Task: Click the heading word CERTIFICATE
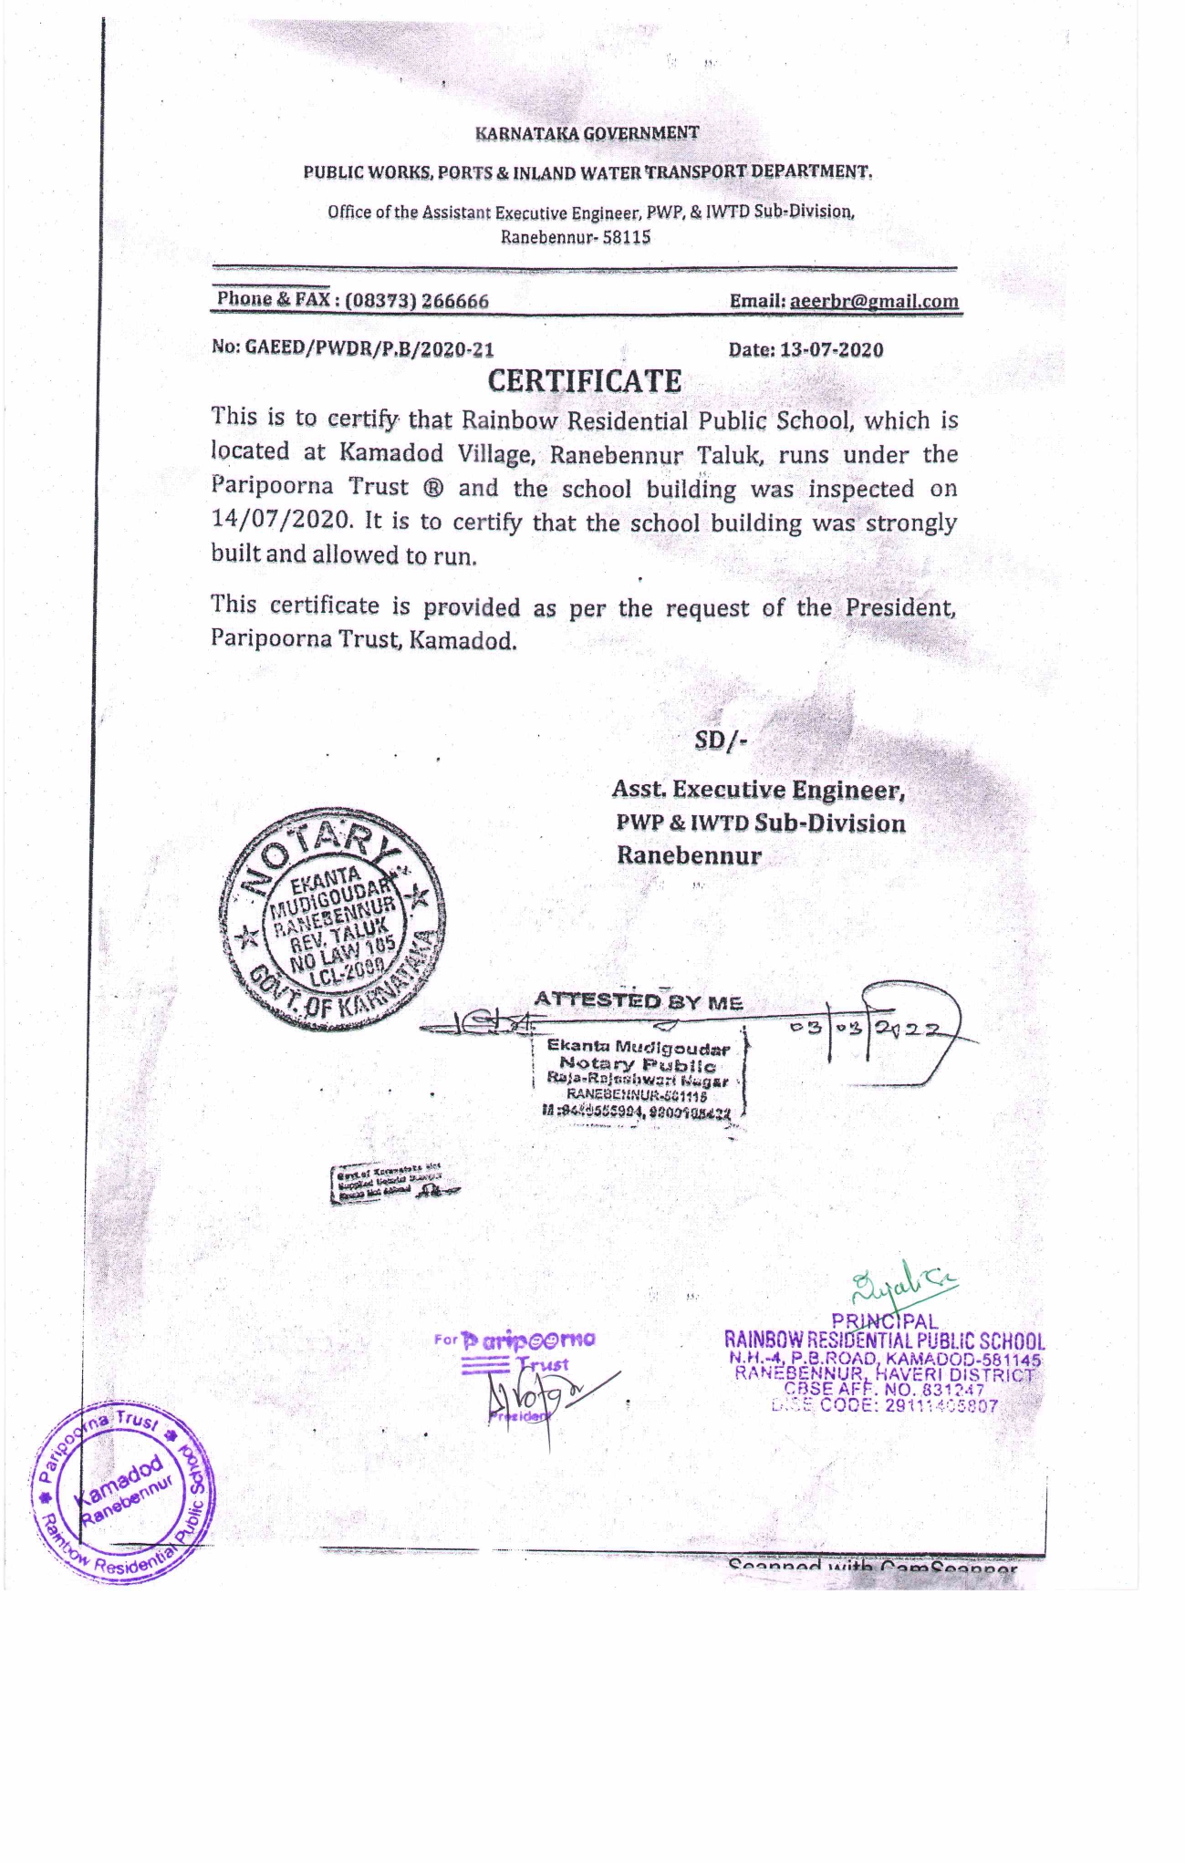click(x=584, y=381)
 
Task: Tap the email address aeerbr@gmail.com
click(x=874, y=302)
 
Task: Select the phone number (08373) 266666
click(x=417, y=301)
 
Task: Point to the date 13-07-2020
click(x=831, y=350)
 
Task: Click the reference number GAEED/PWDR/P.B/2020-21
click(x=369, y=347)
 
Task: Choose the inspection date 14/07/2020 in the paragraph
click(x=280, y=521)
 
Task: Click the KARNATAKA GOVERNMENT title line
click(x=587, y=133)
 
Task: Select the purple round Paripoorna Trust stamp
click(x=125, y=1479)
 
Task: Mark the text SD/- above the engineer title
click(x=720, y=740)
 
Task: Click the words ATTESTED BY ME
click(x=638, y=1001)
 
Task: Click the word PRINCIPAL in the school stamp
click(x=884, y=1320)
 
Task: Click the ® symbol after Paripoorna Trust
click(x=433, y=488)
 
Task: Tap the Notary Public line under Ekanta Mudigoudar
click(x=638, y=1064)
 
